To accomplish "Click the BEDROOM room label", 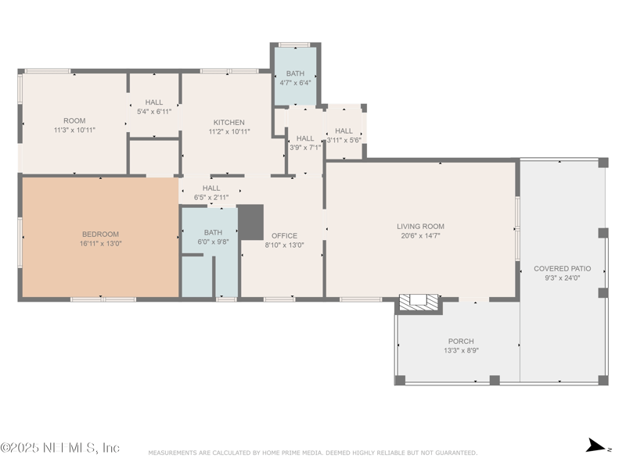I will pyautogui.click(x=100, y=234).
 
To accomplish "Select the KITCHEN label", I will pyautogui.click(x=229, y=122).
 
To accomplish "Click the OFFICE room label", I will pyautogui.click(x=284, y=235).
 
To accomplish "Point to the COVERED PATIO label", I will pyautogui.click(x=562, y=268).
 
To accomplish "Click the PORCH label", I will pyautogui.click(x=460, y=341).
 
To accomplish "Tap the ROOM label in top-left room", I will pyautogui.click(x=74, y=120).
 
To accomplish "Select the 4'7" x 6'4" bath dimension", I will pyautogui.click(x=295, y=83).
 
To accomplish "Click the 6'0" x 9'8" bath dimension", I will pyautogui.click(x=213, y=242).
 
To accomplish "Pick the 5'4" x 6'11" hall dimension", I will pyautogui.click(x=154, y=112).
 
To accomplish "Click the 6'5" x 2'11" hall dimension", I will pyautogui.click(x=211, y=198).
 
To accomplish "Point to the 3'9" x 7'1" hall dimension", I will pyautogui.click(x=305, y=148).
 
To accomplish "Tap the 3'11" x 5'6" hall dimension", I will pyautogui.click(x=344, y=140).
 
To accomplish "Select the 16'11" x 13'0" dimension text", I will pyautogui.click(x=100, y=243).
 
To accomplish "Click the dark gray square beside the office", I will pyautogui.click(x=250, y=222).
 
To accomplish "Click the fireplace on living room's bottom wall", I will pyautogui.click(x=418, y=301).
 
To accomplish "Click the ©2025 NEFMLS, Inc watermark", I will pyautogui.click(x=60, y=448).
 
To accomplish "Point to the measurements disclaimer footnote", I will pyautogui.click(x=312, y=453).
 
